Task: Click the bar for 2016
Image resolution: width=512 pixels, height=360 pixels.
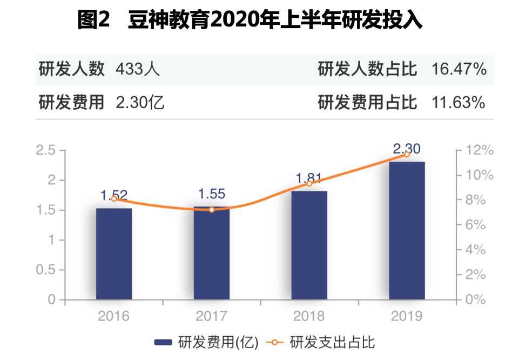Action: (114, 254)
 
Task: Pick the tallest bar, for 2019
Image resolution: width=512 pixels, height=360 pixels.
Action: (407, 230)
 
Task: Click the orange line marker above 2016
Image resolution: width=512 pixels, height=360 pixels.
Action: (114, 199)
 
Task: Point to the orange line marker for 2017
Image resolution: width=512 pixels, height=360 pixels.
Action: (212, 209)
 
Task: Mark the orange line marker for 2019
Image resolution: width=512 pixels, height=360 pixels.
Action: (407, 155)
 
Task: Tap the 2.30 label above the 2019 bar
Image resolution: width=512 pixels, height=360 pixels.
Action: (407, 149)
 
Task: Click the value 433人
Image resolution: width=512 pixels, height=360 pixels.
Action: (138, 70)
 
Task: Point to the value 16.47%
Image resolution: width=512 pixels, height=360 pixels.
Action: (459, 70)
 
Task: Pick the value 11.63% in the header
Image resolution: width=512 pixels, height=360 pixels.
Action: (459, 102)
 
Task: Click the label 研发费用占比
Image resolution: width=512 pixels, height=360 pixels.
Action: (367, 102)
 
